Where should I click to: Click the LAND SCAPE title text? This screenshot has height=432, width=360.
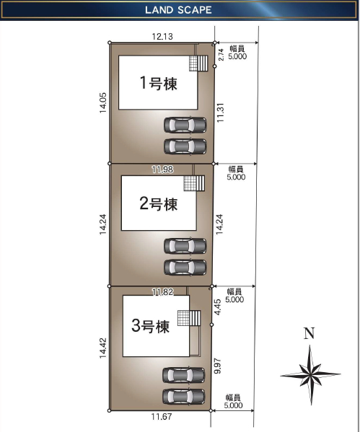point(178,10)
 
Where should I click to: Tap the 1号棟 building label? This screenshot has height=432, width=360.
point(159,83)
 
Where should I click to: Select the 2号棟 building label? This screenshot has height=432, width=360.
point(159,203)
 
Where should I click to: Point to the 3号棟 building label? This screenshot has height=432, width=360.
point(150,326)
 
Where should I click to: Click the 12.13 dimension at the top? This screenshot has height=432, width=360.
point(162,36)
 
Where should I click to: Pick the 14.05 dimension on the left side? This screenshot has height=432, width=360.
point(103,102)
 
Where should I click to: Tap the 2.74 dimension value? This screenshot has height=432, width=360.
point(221,55)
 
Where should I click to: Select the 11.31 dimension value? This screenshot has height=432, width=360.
point(220,113)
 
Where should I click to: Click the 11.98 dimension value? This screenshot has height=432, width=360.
point(162,169)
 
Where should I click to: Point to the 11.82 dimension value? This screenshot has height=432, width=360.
point(162,291)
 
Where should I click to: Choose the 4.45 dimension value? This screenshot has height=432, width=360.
point(218,307)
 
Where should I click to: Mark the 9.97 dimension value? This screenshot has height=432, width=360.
point(217,366)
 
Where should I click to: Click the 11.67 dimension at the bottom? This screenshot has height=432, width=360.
point(162,417)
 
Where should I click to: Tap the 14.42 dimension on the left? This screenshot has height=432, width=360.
point(103,348)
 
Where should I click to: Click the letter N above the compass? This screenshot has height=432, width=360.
point(309,333)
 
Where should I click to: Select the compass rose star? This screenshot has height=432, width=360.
point(310,375)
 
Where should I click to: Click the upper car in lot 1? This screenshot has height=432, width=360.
point(185,125)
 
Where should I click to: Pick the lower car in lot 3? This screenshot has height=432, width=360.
point(183,397)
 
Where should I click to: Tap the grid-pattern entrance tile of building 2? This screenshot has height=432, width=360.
point(190,183)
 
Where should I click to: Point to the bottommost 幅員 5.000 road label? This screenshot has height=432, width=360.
point(233,401)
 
